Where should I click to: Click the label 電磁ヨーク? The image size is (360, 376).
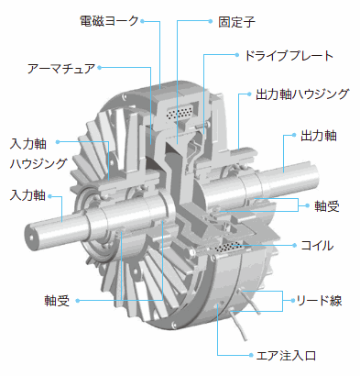tap(109, 21)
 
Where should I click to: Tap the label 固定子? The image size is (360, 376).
tap(236, 22)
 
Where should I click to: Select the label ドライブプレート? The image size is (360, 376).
tap(289, 56)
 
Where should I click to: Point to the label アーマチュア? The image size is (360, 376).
tap(61, 68)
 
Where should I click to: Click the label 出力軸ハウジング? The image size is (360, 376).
tap(302, 94)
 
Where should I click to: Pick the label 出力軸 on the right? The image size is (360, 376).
tap(319, 136)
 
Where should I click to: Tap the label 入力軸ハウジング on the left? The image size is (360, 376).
tap(38, 153)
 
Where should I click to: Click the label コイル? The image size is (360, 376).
tap(317, 246)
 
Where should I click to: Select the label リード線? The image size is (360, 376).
tap(319, 301)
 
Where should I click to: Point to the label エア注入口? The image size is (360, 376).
tap(286, 356)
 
